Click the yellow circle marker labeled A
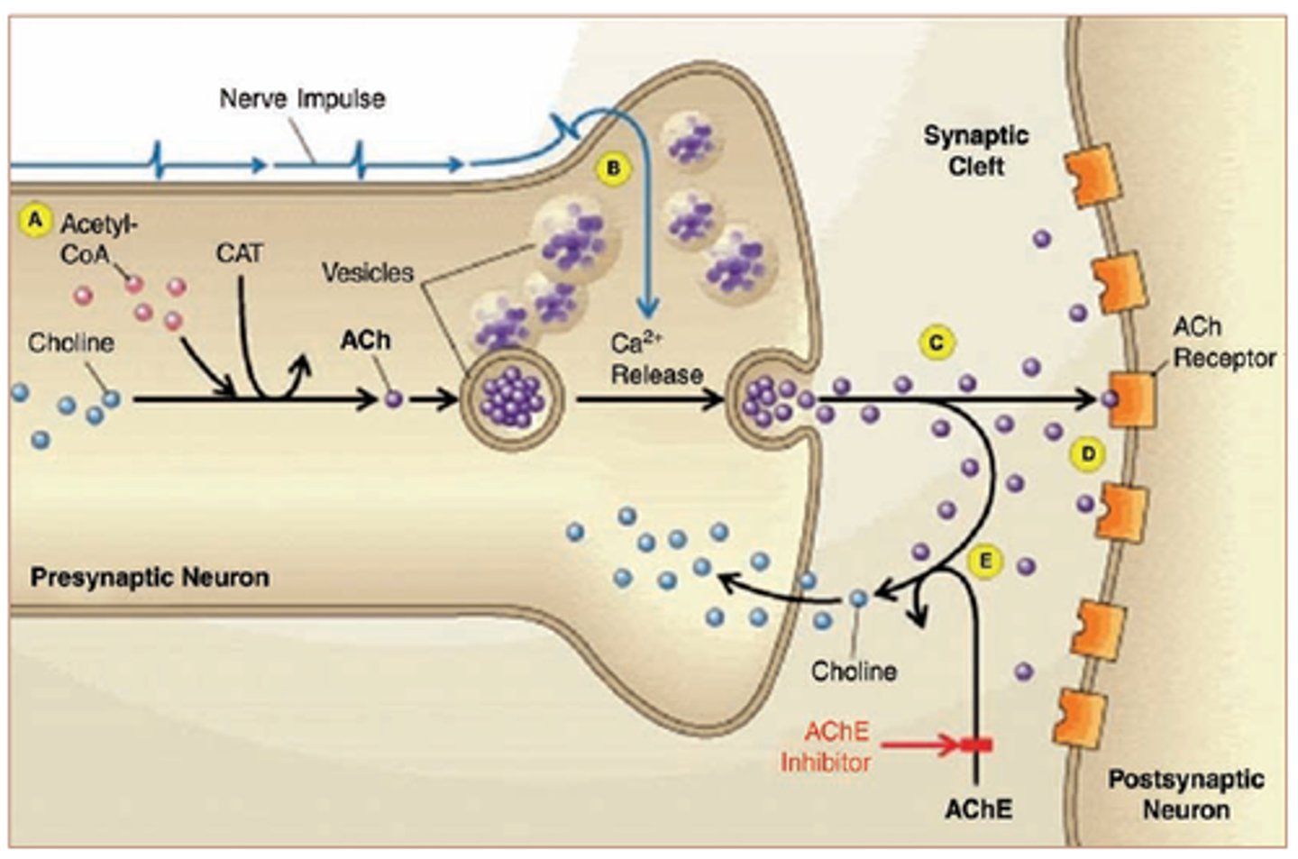pyautogui.click(x=35, y=220)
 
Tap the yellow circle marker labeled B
pyautogui.click(x=614, y=169)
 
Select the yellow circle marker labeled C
pyautogui.click(x=937, y=343)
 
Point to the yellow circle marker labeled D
pyautogui.click(x=1088, y=453)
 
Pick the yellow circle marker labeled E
pyautogui.click(x=985, y=562)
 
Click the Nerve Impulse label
pyautogui.click(x=302, y=98)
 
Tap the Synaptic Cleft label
pyautogui.click(x=975, y=151)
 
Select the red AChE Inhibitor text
pyautogui.click(x=825, y=746)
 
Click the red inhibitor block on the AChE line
pyautogui.click(x=976, y=745)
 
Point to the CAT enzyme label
pyautogui.click(x=239, y=254)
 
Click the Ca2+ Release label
pyautogui.click(x=656, y=359)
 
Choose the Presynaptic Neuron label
pyautogui.click(x=150, y=577)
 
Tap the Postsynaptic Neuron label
pyautogui.click(x=1185, y=794)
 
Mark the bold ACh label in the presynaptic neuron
pyautogui.click(x=365, y=340)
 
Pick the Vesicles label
pyautogui.click(x=368, y=272)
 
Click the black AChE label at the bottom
pyautogui.click(x=978, y=809)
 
